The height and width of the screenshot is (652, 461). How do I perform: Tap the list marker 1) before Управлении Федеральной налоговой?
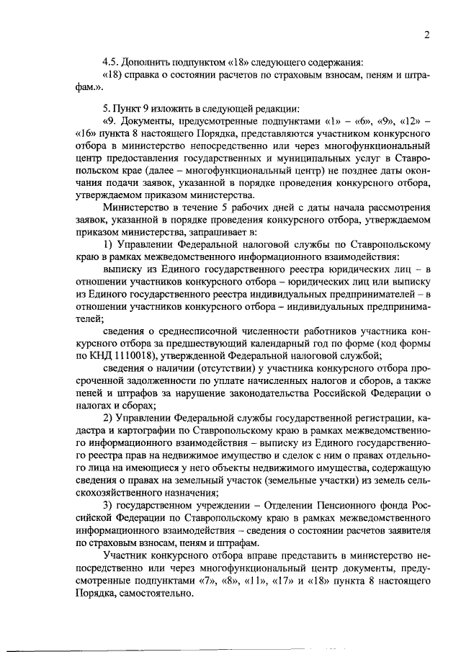(x=108, y=246)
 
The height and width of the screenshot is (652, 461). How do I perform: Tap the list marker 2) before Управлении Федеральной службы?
(x=108, y=419)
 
